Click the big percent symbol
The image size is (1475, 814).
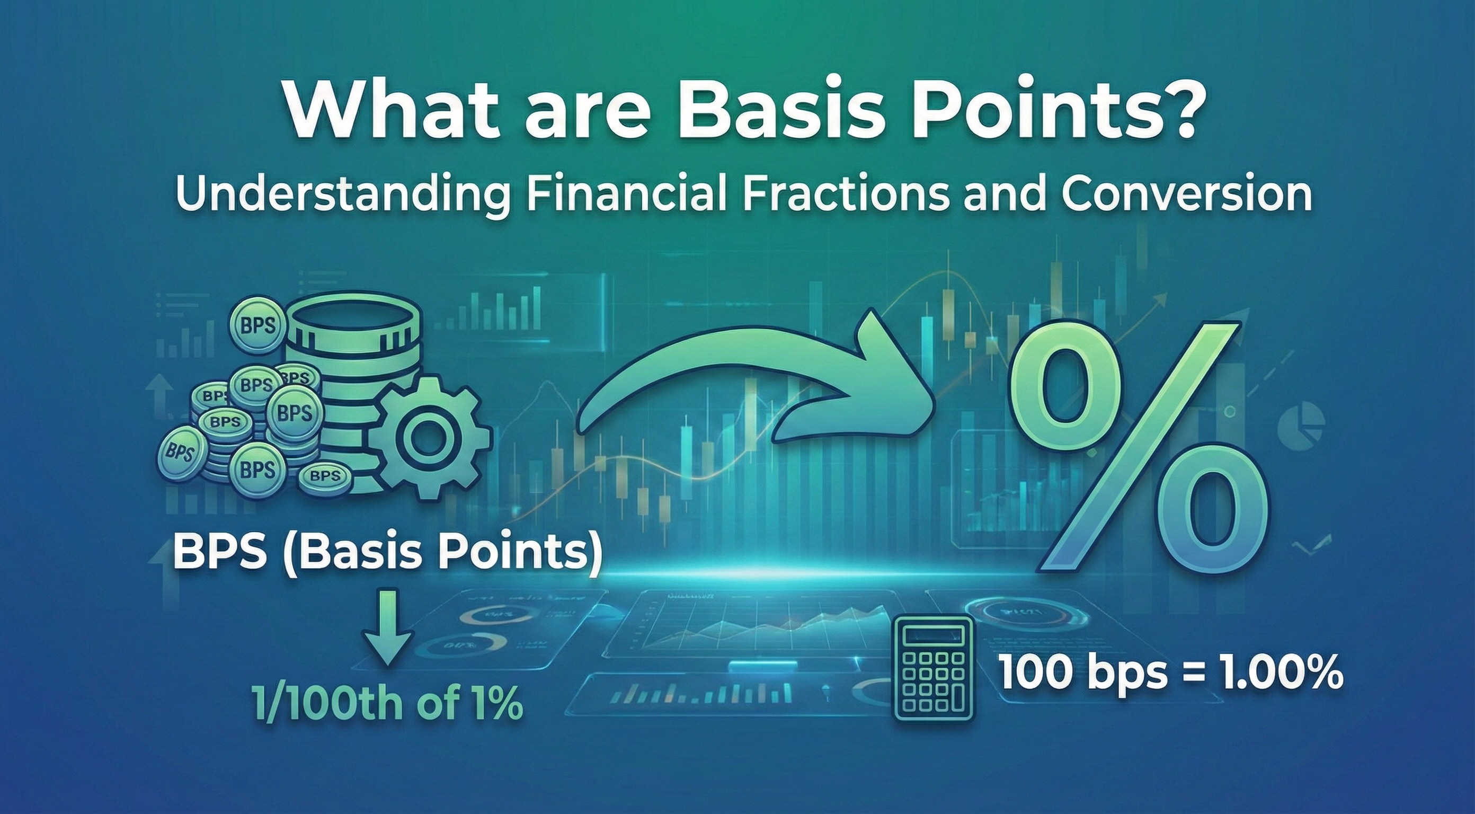pyautogui.click(x=1140, y=447)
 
